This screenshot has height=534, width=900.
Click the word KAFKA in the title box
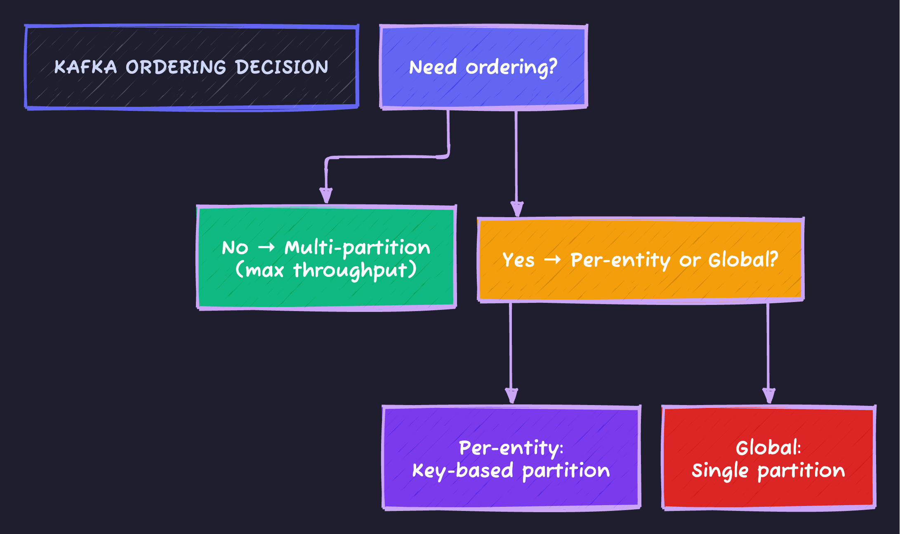[x=85, y=67]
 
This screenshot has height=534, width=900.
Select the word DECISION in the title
[x=282, y=67]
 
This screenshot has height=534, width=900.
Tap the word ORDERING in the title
[x=176, y=67]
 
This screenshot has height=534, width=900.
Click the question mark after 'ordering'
[x=552, y=66]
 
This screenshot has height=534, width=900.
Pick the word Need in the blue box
[x=433, y=67]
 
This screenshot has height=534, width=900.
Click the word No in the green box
[x=235, y=248]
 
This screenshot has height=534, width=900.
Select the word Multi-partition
[x=357, y=247]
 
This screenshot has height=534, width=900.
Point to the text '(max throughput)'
[x=326, y=270]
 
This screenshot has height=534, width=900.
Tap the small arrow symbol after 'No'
[x=266, y=247]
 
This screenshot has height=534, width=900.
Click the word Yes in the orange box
[x=518, y=260]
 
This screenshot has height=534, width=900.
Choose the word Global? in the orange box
[x=743, y=260]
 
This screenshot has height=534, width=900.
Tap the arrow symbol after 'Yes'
[x=552, y=260]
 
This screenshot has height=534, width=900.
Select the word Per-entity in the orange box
[x=620, y=260]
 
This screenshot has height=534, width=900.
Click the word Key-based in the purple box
[x=463, y=471]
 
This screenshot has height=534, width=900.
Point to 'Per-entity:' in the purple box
[x=511, y=448]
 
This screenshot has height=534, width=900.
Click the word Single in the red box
[x=720, y=471]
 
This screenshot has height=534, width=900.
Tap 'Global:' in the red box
[x=768, y=448]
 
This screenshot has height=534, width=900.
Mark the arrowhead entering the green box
[x=326, y=195]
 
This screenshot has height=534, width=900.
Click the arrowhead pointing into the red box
[x=768, y=396]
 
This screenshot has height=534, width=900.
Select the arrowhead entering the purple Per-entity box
[x=511, y=396]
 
